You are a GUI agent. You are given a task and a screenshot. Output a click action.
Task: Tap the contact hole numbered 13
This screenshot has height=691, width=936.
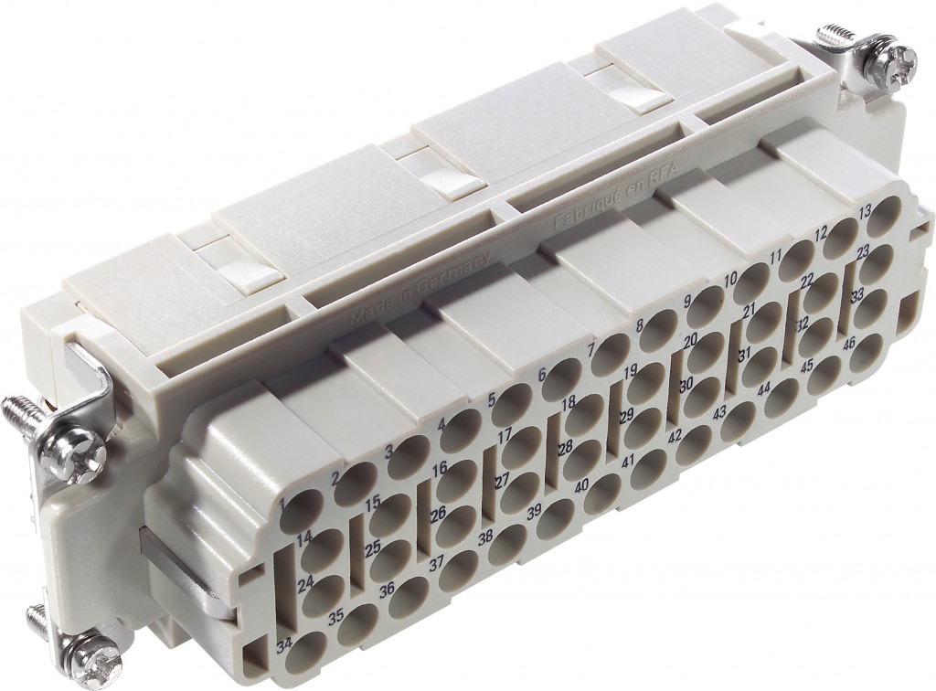pos(884,221)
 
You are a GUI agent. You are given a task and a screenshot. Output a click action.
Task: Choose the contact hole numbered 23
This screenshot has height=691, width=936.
pos(876,263)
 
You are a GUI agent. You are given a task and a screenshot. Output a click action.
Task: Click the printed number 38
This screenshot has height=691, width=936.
pos(485,537)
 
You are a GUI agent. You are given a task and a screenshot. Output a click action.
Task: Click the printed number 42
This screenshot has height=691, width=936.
pos(675,436)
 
